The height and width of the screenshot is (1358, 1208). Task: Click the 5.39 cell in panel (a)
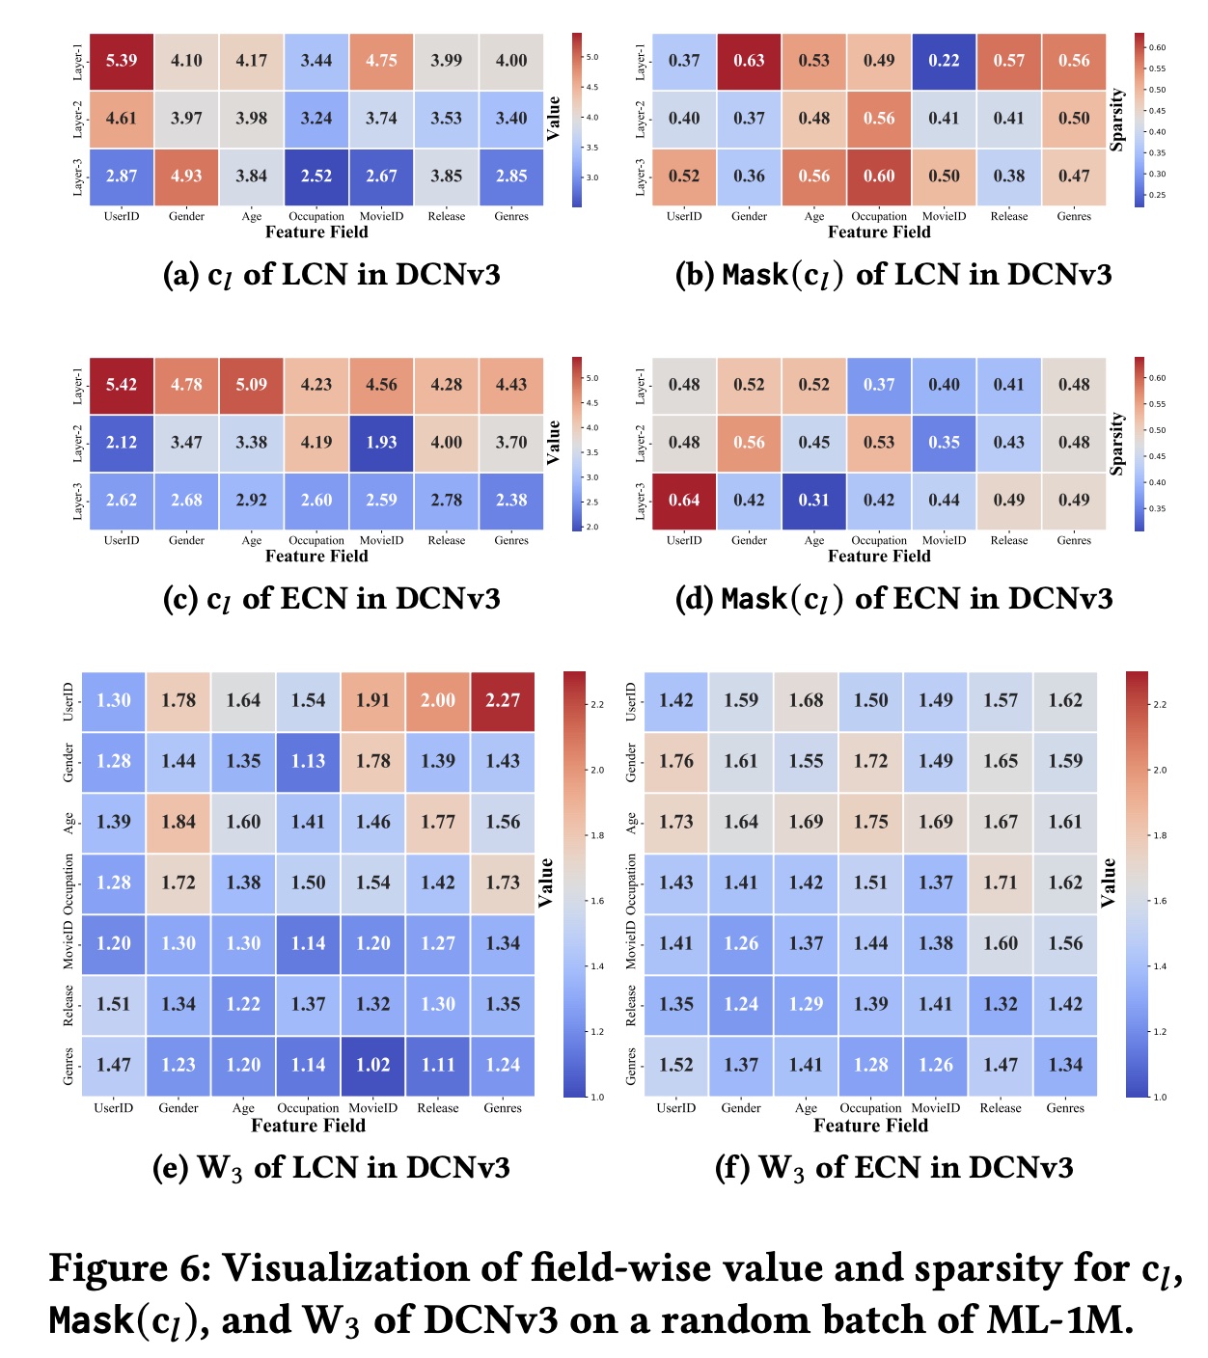[122, 61]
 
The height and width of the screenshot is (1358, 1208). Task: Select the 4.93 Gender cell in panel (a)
[186, 177]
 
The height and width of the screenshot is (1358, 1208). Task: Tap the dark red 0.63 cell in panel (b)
[749, 61]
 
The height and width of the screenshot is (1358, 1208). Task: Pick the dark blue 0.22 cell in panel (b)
[944, 61]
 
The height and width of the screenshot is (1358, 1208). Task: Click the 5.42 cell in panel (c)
[122, 385]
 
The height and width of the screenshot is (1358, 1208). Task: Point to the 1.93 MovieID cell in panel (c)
[381, 443]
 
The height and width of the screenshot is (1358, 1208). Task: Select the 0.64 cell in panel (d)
[684, 501]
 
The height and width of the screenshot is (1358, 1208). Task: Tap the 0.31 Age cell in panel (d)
[813, 501]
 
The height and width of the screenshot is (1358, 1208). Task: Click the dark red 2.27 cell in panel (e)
[503, 701]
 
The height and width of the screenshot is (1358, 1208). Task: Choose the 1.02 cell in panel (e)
[373, 1066]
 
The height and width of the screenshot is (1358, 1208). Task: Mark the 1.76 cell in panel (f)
[676, 762]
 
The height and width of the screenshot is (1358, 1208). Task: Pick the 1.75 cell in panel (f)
[870, 823]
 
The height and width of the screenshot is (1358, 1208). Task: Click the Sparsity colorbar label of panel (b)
[1117, 120]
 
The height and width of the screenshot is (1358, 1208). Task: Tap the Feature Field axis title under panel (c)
[316, 557]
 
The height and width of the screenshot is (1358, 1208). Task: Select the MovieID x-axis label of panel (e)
[372, 1108]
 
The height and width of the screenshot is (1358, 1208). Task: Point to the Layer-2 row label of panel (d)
[641, 443]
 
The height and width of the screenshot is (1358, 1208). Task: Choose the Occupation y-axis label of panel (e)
[69, 883]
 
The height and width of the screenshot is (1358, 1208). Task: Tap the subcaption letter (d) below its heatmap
[693, 600]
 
